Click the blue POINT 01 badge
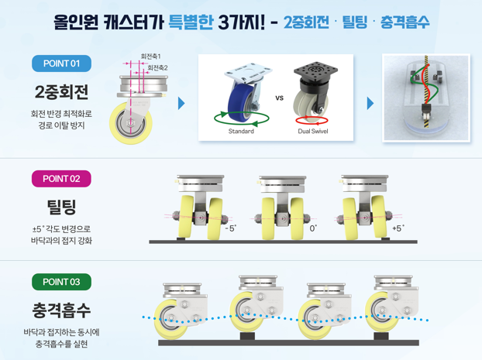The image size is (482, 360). [61, 63]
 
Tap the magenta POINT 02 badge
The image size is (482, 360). [61, 179]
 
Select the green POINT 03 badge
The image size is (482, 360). [61, 282]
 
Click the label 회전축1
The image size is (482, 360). [150, 57]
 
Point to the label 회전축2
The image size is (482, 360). [157, 67]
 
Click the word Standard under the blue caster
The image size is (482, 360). [241, 131]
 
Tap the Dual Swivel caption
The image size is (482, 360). [312, 131]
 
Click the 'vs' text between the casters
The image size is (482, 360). [279, 98]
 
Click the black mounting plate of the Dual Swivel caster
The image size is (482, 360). [315, 70]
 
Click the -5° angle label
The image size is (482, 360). [231, 228]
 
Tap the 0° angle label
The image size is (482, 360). [313, 228]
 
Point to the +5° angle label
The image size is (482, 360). [398, 228]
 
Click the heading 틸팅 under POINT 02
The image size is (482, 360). [61, 207]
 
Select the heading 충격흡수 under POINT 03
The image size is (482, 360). [61, 310]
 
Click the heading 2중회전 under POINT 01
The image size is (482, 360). [61, 92]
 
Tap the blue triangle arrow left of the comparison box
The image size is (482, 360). [181, 103]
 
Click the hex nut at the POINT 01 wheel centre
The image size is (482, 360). [130, 123]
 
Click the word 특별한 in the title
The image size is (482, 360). [191, 22]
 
